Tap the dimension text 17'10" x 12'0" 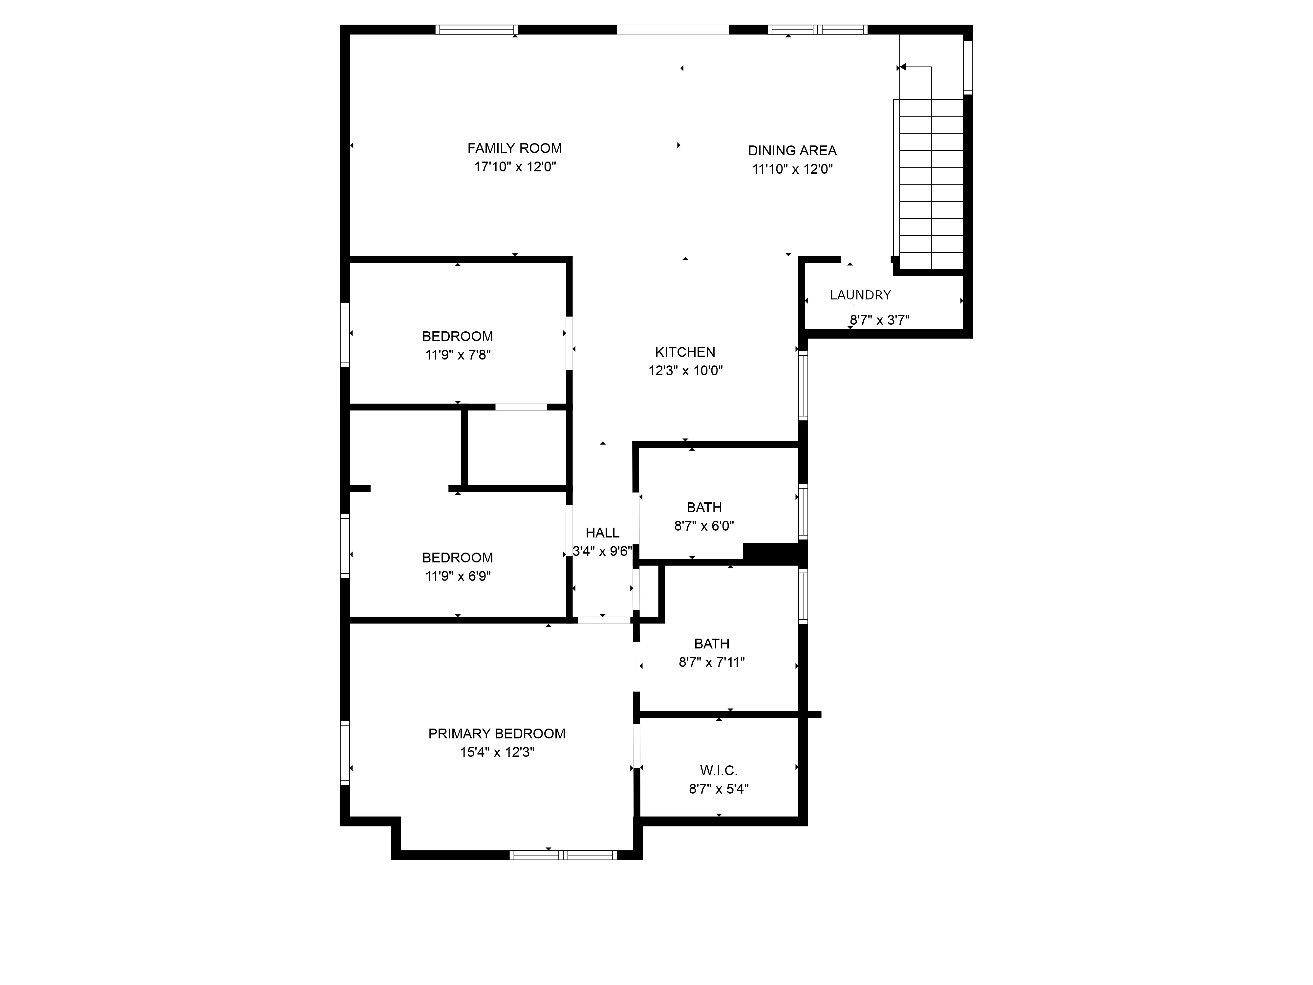(515, 167)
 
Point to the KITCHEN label (685, 352)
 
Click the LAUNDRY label (860, 295)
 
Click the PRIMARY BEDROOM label (497, 734)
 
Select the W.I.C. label (718, 771)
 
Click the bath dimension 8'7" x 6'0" (704, 526)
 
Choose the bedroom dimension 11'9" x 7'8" (458, 355)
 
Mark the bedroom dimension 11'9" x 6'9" (458, 576)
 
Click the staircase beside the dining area (931, 184)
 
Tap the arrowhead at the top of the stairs (903, 67)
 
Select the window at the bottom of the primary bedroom (563, 855)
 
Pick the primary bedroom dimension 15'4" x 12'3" (497, 752)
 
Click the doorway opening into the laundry (866, 259)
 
